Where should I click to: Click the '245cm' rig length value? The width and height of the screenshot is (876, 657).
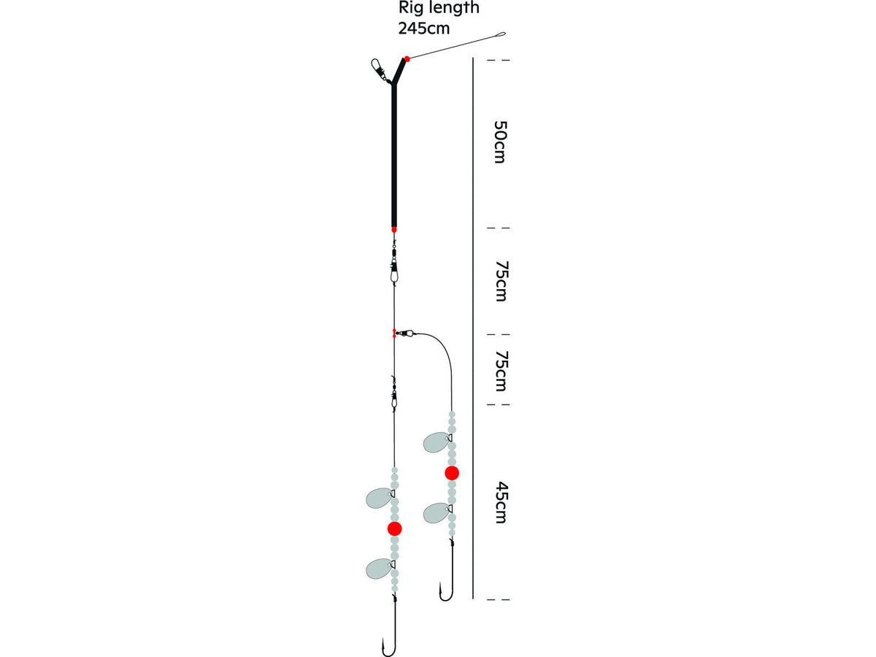coord(424,28)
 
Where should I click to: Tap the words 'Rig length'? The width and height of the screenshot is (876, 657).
coord(439,7)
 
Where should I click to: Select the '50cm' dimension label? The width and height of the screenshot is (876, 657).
coord(499,142)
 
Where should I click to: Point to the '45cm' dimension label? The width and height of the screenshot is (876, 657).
coord(501,503)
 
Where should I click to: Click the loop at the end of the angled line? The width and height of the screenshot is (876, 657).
coord(501,34)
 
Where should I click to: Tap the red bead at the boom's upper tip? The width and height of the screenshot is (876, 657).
coord(407,59)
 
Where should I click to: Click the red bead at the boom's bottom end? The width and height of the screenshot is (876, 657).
coord(394,229)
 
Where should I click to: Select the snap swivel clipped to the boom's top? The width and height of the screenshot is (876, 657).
coord(379,70)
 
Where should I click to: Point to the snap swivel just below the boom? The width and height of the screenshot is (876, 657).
coord(394,265)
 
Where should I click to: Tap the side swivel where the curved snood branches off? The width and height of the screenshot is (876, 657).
coord(405,332)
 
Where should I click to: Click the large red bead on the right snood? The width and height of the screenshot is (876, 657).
coord(452,473)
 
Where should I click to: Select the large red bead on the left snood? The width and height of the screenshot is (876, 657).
coord(395,529)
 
